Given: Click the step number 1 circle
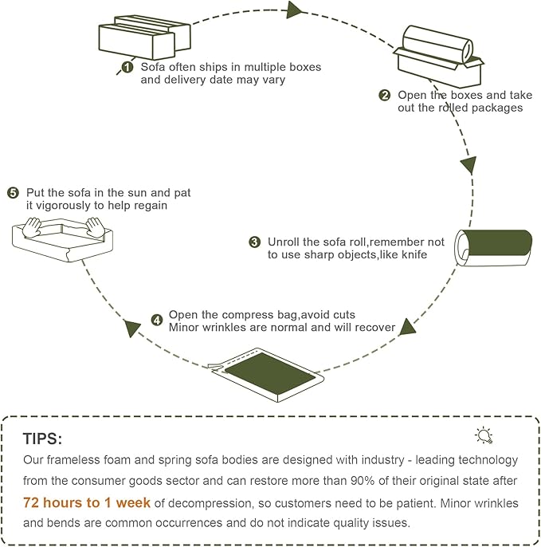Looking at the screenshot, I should point(127,68).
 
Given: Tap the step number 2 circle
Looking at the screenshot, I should point(385,96).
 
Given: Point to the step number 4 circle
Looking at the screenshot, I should point(157,321).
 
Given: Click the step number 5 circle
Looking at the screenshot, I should point(13,193).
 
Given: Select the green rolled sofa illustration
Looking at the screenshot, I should point(495,246).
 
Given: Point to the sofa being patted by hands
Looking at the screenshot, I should point(63,238).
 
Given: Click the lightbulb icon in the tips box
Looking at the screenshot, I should point(484,435).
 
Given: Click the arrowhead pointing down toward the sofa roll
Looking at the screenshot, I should point(468,166).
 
